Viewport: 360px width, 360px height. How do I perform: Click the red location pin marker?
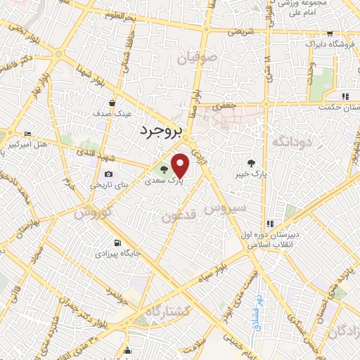point(181,165)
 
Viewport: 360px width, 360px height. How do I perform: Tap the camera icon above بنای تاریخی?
point(108,174)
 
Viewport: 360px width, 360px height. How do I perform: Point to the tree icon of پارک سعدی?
point(164,169)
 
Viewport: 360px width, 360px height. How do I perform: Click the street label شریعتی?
point(236,32)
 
